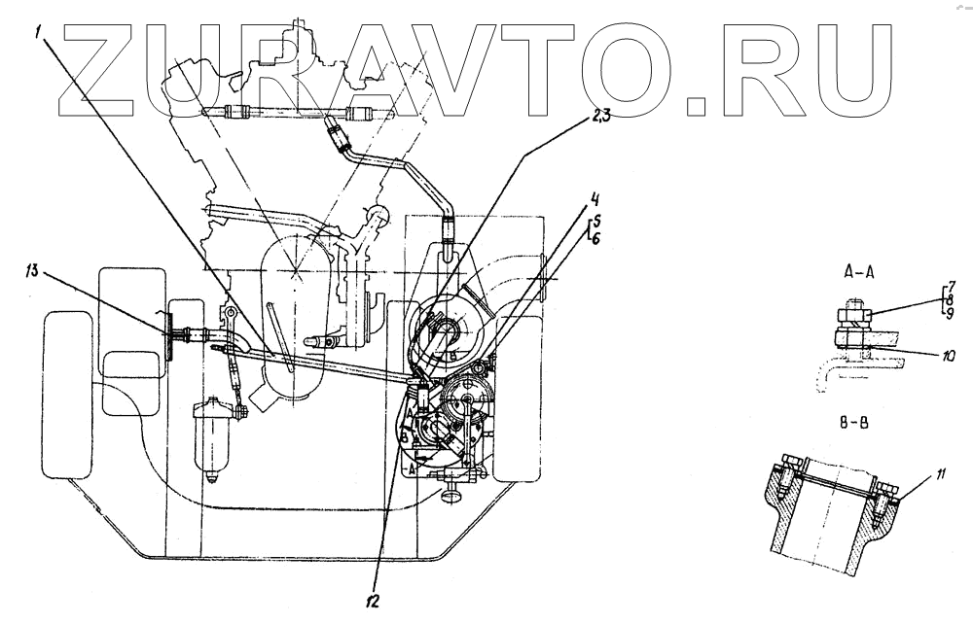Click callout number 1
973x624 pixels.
click(40, 31)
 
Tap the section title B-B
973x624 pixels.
click(858, 425)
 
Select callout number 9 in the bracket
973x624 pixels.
click(952, 313)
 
